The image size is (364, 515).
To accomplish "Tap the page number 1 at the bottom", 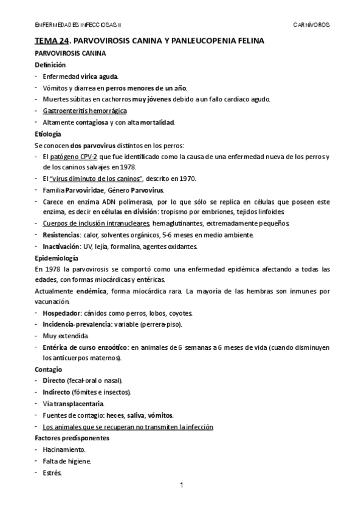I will (182, 485).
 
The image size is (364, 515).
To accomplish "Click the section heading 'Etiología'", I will (49, 134).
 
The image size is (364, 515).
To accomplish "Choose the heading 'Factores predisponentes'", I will (72, 437).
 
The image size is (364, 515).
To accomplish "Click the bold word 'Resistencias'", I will (63, 234).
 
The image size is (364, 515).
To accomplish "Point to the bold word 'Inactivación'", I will (63, 246).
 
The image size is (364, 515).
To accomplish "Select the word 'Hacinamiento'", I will (64, 449).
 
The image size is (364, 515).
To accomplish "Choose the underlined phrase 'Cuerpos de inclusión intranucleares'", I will (96, 223).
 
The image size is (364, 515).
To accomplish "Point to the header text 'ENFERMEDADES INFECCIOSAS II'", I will (77, 26).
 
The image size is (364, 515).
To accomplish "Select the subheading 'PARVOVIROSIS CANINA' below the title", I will (70, 53).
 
